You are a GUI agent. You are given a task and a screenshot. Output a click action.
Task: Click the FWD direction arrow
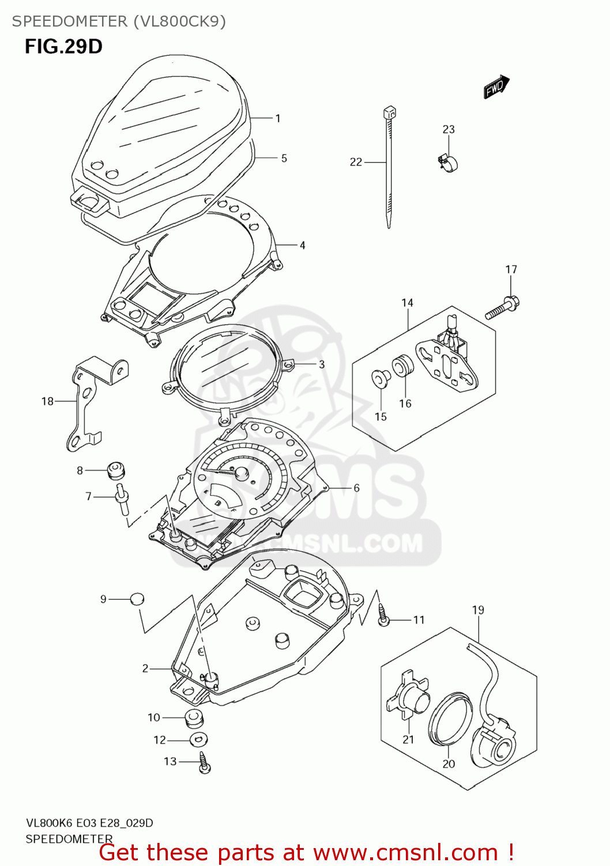tap(496, 87)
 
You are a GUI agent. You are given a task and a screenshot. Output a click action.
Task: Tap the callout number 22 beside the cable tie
tap(356, 162)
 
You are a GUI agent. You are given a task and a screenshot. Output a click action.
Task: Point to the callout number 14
tap(407, 303)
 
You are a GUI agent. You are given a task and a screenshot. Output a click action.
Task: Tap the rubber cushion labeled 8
tap(116, 470)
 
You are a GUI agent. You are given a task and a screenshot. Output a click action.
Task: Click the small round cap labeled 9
tap(136, 599)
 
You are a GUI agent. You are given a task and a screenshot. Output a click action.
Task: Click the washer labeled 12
tap(198, 739)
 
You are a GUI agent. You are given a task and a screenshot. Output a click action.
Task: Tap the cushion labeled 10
tap(193, 718)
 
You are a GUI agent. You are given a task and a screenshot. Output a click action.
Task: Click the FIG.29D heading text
tap(63, 46)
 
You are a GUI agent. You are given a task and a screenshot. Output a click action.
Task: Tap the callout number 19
tap(478, 610)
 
